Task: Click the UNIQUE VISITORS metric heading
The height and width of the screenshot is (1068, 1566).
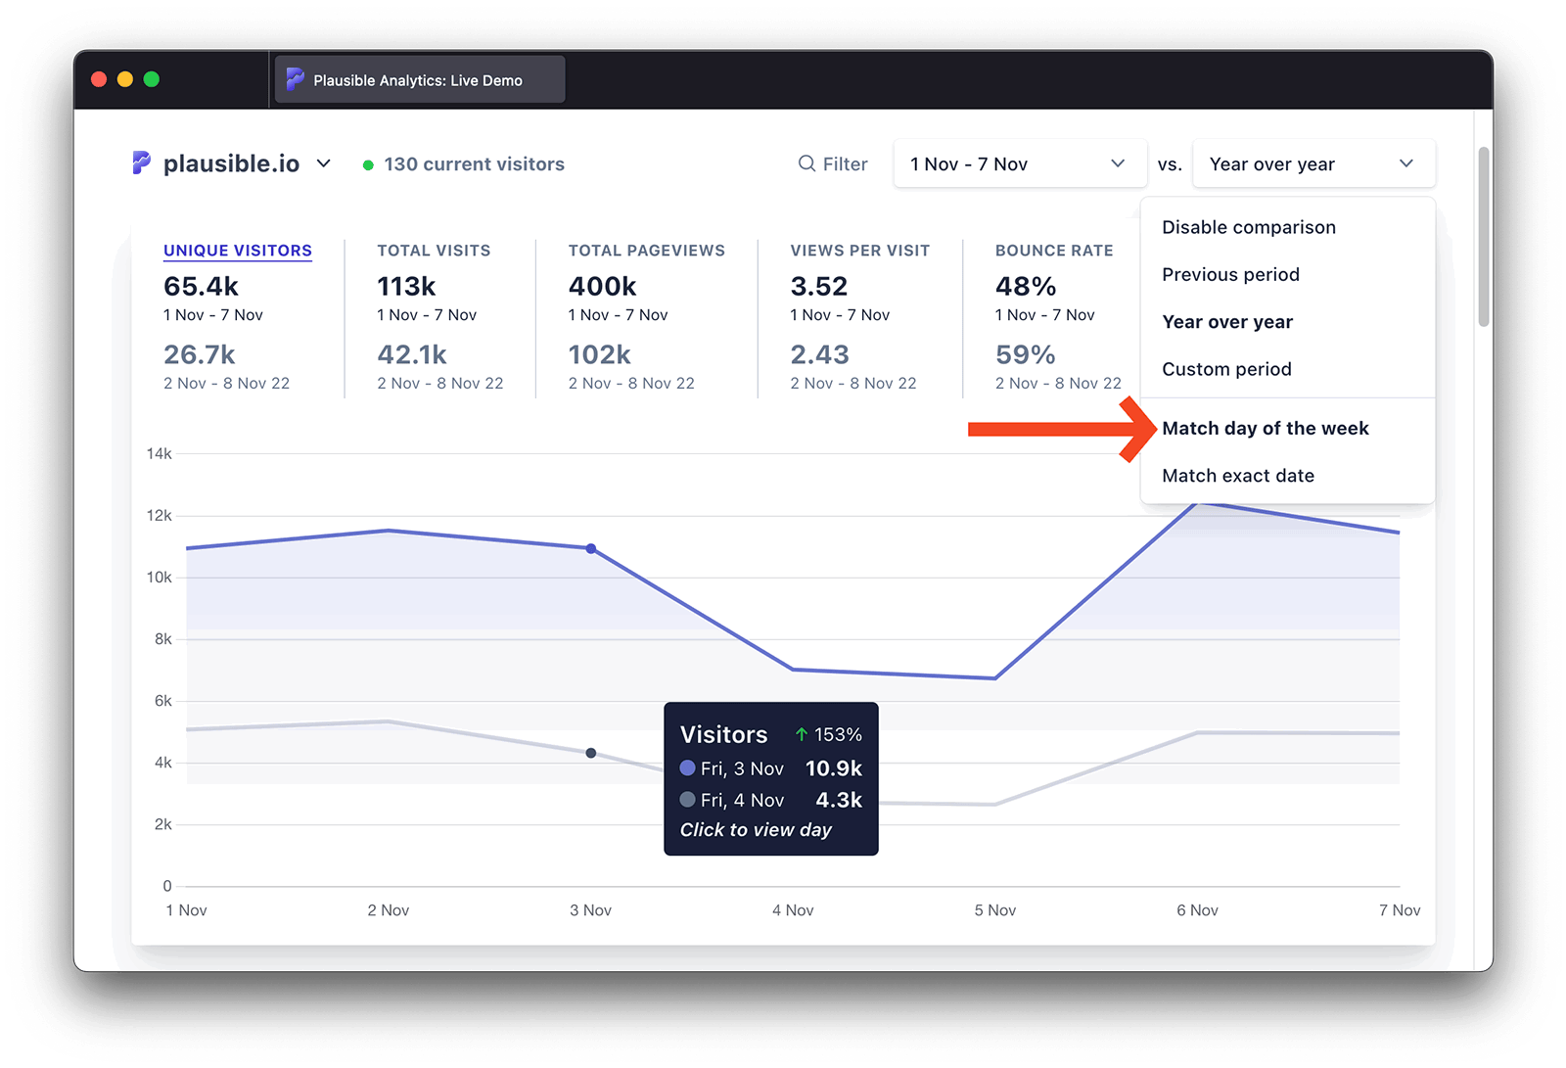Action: tap(237, 251)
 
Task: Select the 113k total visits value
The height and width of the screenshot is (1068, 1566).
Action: tap(406, 287)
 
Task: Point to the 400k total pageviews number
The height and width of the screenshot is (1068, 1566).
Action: tap(602, 287)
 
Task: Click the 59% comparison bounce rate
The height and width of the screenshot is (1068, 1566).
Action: tap(1025, 354)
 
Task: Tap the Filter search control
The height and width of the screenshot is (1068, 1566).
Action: tap(833, 164)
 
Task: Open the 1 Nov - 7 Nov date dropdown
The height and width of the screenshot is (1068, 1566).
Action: tap(1019, 164)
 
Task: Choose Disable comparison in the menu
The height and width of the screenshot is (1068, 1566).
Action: tap(1248, 227)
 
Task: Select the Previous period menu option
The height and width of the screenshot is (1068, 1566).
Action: tap(1230, 275)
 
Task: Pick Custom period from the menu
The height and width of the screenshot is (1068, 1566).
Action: tap(1226, 369)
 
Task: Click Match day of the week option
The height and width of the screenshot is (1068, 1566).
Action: tap(1265, 429)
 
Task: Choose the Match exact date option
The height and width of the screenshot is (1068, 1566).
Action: tap(1237, 476)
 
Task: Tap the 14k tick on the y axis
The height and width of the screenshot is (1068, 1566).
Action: tap(159, 453)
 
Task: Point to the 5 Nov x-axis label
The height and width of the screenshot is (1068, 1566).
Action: tap(994, 910)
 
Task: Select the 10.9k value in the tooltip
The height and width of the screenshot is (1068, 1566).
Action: tap(833, 768)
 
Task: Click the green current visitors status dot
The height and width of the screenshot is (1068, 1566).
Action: tap(368, 165)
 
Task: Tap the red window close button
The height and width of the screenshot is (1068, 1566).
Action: tap(99, 79)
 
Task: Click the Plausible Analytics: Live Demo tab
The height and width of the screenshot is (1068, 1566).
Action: tap(418, 80)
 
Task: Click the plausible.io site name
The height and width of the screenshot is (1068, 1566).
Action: tap(231, 164)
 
